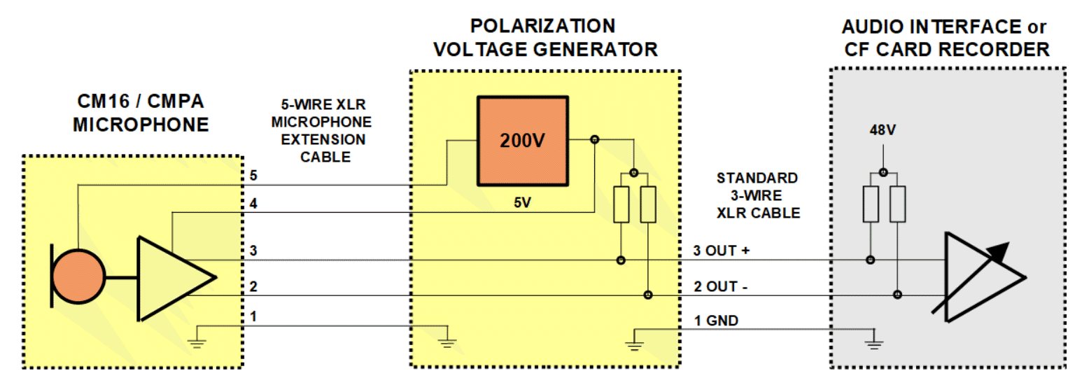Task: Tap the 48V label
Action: [x=883, y=129]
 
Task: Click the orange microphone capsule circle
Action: [x=79, y=274]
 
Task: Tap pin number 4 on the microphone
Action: [x=253, y=204]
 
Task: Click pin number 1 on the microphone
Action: [x=253, y=316]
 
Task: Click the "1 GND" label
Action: [x=716, y=321]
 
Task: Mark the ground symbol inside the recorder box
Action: [x=873, y=342]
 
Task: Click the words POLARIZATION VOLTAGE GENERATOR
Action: [x=545, y=38]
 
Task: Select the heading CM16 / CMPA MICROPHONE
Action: [x=140, y=113]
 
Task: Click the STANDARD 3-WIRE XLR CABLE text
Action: [x=757, y=195]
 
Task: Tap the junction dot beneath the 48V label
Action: [x=883, y=172]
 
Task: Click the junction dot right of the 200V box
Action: [x=594, y=140]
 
